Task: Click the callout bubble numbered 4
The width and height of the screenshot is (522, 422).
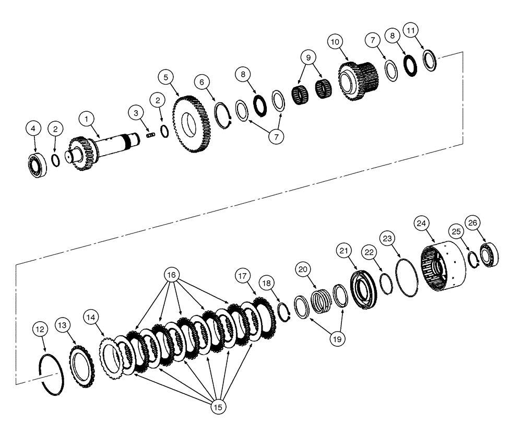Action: click(x=33, y=128)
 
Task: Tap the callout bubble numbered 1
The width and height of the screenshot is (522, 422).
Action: click(x=87, y=119)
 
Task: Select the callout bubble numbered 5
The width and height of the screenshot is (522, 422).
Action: click(x=166, y=77)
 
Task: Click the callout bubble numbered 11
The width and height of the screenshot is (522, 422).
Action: click(x=411, y=31)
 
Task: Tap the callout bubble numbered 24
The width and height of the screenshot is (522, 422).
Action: click(x=421, y=222)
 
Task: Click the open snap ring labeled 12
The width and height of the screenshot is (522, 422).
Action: click(x=52, y=371)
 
